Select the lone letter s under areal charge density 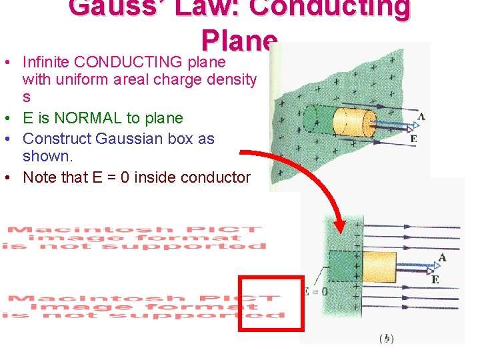pos(27,97)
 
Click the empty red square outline pos(272,303)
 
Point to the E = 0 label pos(315,291)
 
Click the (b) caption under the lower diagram pos(386,339)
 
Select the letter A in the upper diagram pos(421,117)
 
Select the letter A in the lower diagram pos(442,257)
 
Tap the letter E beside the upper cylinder pos(414,139)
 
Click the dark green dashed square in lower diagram pos(344,267)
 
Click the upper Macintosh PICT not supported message pos(133,238)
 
